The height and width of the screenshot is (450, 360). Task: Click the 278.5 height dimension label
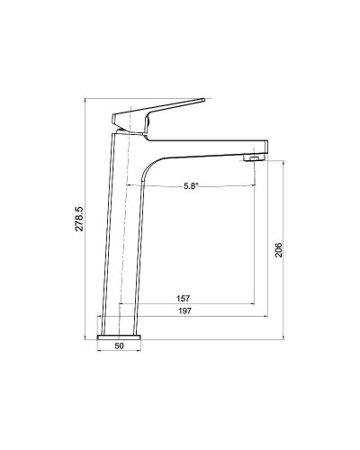79,219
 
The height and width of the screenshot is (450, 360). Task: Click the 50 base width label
120,345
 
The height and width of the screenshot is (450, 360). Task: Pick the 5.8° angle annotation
191,186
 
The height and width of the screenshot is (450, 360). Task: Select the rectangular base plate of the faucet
120,335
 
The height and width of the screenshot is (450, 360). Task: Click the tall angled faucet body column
124,234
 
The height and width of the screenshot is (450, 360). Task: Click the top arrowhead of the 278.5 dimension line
87,99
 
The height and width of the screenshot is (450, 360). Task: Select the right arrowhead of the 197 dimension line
267,318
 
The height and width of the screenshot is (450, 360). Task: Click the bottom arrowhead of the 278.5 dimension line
87,338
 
